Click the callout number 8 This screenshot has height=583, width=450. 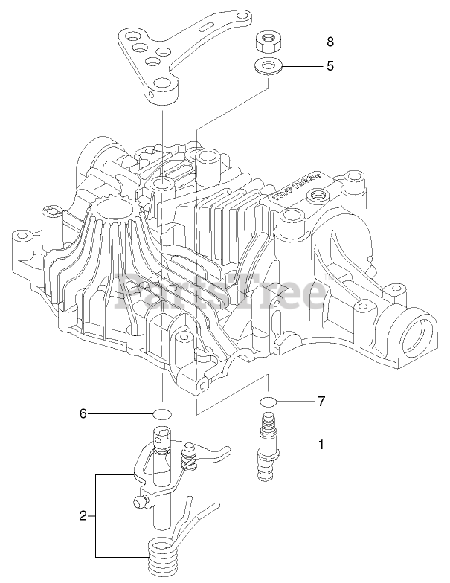[x=330, y=42]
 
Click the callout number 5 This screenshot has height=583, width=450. [x=330, y=65]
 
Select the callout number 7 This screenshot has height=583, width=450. [x=321, y=402]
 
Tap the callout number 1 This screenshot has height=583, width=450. [x=321, y=445]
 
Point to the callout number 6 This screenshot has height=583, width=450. [x=83, y=413]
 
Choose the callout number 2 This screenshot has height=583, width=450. [x=84, y=515]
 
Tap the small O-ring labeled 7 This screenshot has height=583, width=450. [x=269, y=402]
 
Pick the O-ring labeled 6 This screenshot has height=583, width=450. [x=163, y=413]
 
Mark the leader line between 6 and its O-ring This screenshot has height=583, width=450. [x=120, y=413]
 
